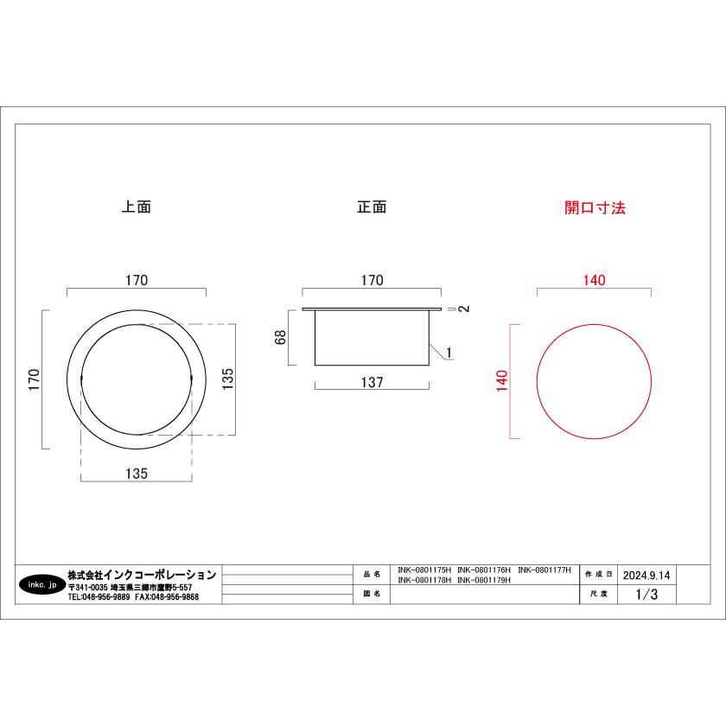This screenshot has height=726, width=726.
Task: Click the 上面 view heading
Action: [137, 207]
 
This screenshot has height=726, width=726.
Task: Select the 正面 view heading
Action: [372, 207]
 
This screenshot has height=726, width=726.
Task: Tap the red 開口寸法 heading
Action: [595, 207]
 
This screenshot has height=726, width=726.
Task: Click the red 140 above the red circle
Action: [594, 280]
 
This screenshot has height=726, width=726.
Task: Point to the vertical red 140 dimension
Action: [502, 380]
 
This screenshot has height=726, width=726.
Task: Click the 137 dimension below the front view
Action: [373, 382]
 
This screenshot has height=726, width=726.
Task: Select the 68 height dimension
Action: [281, 337]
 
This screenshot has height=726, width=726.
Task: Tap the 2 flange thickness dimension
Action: [464, 309]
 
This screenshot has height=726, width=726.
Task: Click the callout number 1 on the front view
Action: [449, 353]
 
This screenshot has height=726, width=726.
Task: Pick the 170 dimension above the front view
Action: [373, 280]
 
